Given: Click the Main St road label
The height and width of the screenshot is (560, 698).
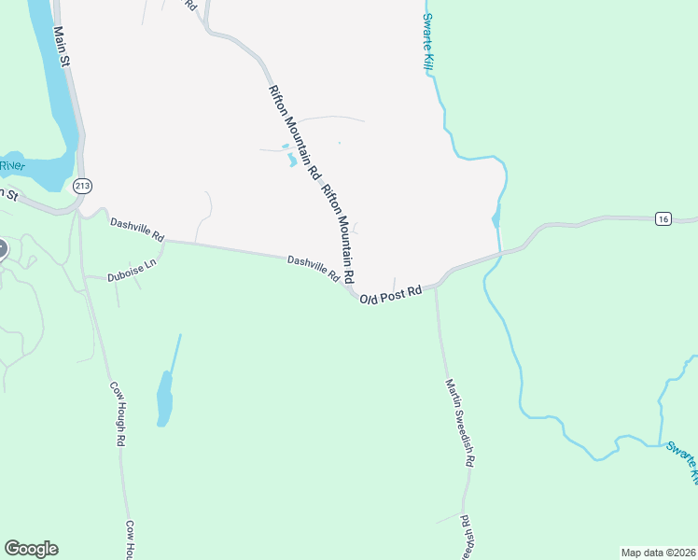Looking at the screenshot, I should coord(63,45).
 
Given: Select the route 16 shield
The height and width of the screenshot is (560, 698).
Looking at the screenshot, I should coord(663,218).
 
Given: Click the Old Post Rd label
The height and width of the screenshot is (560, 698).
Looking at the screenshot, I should coord(392,295).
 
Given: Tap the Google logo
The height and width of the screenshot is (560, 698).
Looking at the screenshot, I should coord(31,549).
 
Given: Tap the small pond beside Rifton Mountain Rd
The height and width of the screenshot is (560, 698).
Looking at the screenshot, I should coord(291,160).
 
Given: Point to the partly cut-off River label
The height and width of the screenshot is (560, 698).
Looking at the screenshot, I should coord(11,165).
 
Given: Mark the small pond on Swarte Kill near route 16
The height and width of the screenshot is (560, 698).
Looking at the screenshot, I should coord(495,220).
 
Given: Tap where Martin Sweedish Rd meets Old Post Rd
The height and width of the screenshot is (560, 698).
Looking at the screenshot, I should coord(436,285).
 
